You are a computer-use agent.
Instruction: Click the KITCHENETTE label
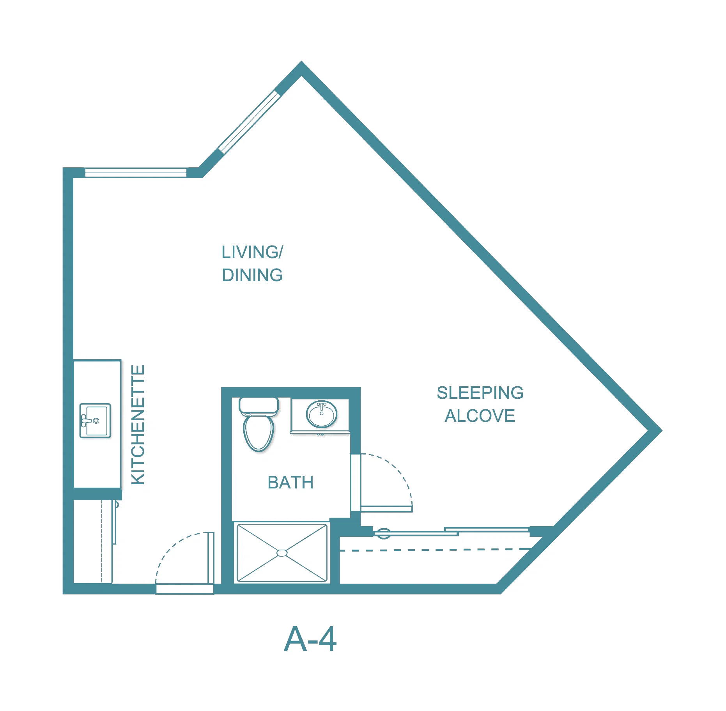138,424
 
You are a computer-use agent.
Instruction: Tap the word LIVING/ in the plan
252,252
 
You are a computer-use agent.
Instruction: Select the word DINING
252,275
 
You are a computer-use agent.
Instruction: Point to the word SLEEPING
480,393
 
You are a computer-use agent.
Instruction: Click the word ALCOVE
480,416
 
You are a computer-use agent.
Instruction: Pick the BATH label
290,482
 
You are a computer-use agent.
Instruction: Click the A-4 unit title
310,639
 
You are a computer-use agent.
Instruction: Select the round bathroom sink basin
322,414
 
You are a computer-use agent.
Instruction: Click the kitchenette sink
95,421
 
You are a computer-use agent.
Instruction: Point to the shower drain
282,553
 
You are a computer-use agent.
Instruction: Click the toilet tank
259,406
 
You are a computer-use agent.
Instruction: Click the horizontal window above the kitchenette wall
136,172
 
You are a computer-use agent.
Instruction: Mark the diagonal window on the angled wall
249,122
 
